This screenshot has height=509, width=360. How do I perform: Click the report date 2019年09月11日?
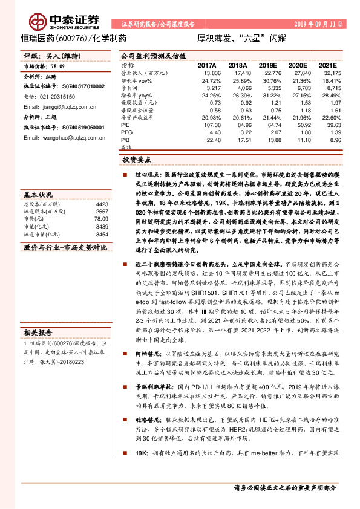tap(318, 24)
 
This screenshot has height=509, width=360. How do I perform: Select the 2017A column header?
tap(207, 64)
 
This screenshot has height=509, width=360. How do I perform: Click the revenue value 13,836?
tap(208, 73)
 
